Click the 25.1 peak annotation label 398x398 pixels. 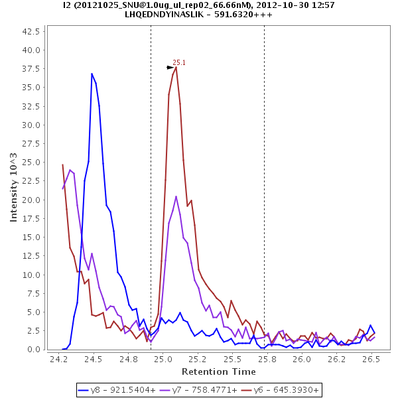pyautogui.click(x=179, y=62)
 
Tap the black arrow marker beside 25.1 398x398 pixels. pyautogui.click(x=170, y=67)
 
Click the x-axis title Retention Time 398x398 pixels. pyautogui.click(x=219, y=371)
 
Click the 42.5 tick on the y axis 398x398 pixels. pyautogui.click(x=33, y=31)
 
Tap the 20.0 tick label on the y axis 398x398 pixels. pyautogui.click(x=33, y=200)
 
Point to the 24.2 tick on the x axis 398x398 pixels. pyautogui.click(x=59, y=358)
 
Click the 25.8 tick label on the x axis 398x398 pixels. pyautogui.click(x=267, y=358)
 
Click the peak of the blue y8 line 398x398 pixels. pyautogui.click(x=92, y=73)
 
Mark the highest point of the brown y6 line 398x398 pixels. pyautogui.click(x=176, y=66)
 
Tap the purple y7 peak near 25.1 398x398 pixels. pyautogui.click(x=176, y=196)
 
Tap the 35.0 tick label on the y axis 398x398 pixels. pyautogui.click(x=33, y=88)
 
